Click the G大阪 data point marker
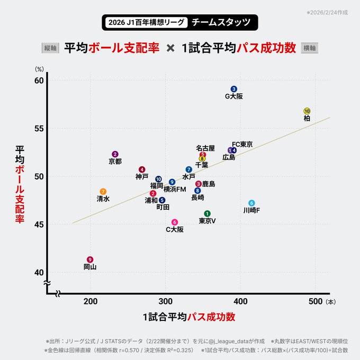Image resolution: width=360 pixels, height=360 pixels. [234, 89]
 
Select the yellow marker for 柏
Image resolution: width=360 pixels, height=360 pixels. [307, 111]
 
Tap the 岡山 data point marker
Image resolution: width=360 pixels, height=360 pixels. [90, 259]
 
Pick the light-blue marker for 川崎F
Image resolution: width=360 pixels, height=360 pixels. [251, 203]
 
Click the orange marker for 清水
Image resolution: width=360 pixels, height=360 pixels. [103, 192]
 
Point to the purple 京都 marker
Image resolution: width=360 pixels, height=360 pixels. [115, 154]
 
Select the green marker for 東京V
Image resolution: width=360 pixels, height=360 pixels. [207, 213]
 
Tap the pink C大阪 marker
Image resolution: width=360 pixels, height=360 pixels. [175, 222]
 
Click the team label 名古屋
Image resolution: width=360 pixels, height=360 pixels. [205, 148]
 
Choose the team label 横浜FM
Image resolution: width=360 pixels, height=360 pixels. [175, 189]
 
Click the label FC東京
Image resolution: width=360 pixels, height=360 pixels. [242, 144]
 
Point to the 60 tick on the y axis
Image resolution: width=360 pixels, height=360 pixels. [39, 80]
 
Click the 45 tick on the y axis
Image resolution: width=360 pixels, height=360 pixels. [39, 224]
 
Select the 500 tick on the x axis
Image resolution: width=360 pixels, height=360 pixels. [316, 302]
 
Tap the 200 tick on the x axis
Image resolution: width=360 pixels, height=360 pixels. [91, 302]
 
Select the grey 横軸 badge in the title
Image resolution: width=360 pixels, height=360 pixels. [310, 48]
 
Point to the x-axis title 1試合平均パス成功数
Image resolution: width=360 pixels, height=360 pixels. [189, 317]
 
